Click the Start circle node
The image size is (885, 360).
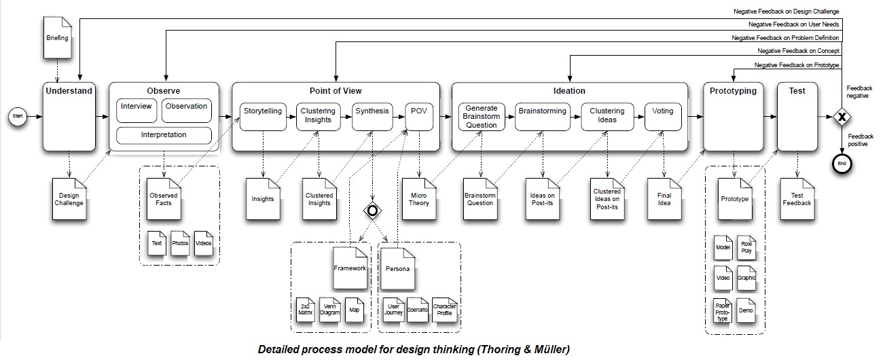click(18, 117)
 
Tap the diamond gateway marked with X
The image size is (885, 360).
click(842, 117)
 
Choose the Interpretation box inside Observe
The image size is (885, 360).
click(163, 135)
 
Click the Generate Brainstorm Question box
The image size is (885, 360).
click(481, 115)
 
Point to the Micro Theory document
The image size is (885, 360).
click(419, 199)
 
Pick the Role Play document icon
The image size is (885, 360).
click(746, 248)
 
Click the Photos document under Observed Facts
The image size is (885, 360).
click(180, 243)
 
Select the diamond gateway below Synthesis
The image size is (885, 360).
click(372, 211)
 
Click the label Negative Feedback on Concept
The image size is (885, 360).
click(799, 51)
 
